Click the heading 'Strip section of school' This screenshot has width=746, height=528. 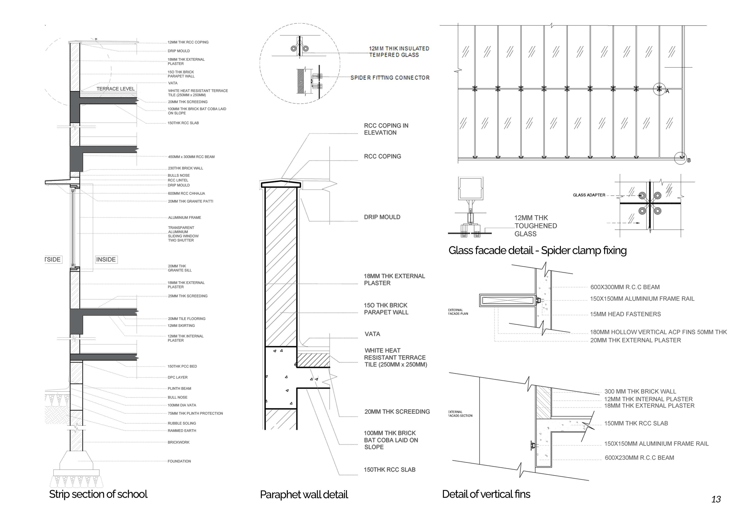[x=98, y=494]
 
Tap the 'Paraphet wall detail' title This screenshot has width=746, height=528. [x=304, y=495]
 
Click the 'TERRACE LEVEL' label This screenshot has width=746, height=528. [x=115, y=89]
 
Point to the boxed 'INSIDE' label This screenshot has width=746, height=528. [x=106, y=260]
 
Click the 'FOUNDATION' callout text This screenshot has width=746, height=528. [x=179, y=461]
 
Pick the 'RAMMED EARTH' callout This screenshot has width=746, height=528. [x=182, y=430]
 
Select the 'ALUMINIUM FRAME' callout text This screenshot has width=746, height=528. [x=184, y=218]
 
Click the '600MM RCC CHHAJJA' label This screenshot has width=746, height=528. [x=186, y=194]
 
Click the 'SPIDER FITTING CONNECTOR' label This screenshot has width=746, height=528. [x=390, y=78]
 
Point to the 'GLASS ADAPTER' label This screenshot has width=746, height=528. [x=589, y=195]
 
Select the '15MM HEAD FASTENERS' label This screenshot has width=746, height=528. [x=625, y=314]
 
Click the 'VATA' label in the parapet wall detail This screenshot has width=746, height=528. [x=372, y=334]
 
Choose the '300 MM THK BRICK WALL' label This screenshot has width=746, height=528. [x=640, y=392]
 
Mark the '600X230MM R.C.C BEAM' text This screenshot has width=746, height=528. [x=639, y=458]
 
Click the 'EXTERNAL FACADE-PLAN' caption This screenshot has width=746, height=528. [x=458, y=312]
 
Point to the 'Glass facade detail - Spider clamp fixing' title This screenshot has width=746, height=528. [x=537, y=250]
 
